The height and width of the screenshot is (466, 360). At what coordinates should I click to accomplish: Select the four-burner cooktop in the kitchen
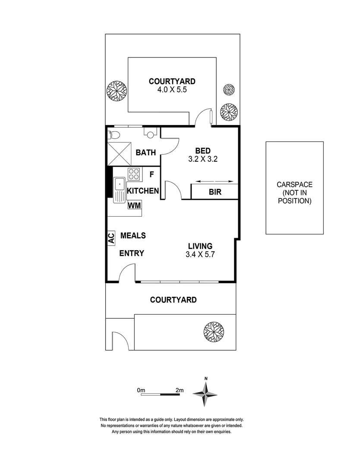133,174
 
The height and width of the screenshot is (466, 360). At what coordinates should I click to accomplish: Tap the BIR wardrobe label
215,192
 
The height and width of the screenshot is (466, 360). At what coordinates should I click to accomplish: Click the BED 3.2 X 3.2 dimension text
203,159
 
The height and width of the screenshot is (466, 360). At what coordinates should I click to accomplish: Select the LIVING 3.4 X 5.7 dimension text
200,255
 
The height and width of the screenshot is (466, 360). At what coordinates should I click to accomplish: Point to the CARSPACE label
295,185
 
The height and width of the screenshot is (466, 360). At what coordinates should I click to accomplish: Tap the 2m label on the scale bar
180,390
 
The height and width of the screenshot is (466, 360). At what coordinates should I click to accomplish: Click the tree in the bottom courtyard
214,331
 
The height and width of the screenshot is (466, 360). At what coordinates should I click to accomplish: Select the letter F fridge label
152,175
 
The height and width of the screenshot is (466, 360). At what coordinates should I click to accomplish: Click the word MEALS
133,236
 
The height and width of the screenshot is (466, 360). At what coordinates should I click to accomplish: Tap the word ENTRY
131,253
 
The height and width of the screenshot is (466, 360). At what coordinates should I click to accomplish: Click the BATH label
145,152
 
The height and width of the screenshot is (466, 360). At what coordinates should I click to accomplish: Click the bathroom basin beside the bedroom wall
150,134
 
